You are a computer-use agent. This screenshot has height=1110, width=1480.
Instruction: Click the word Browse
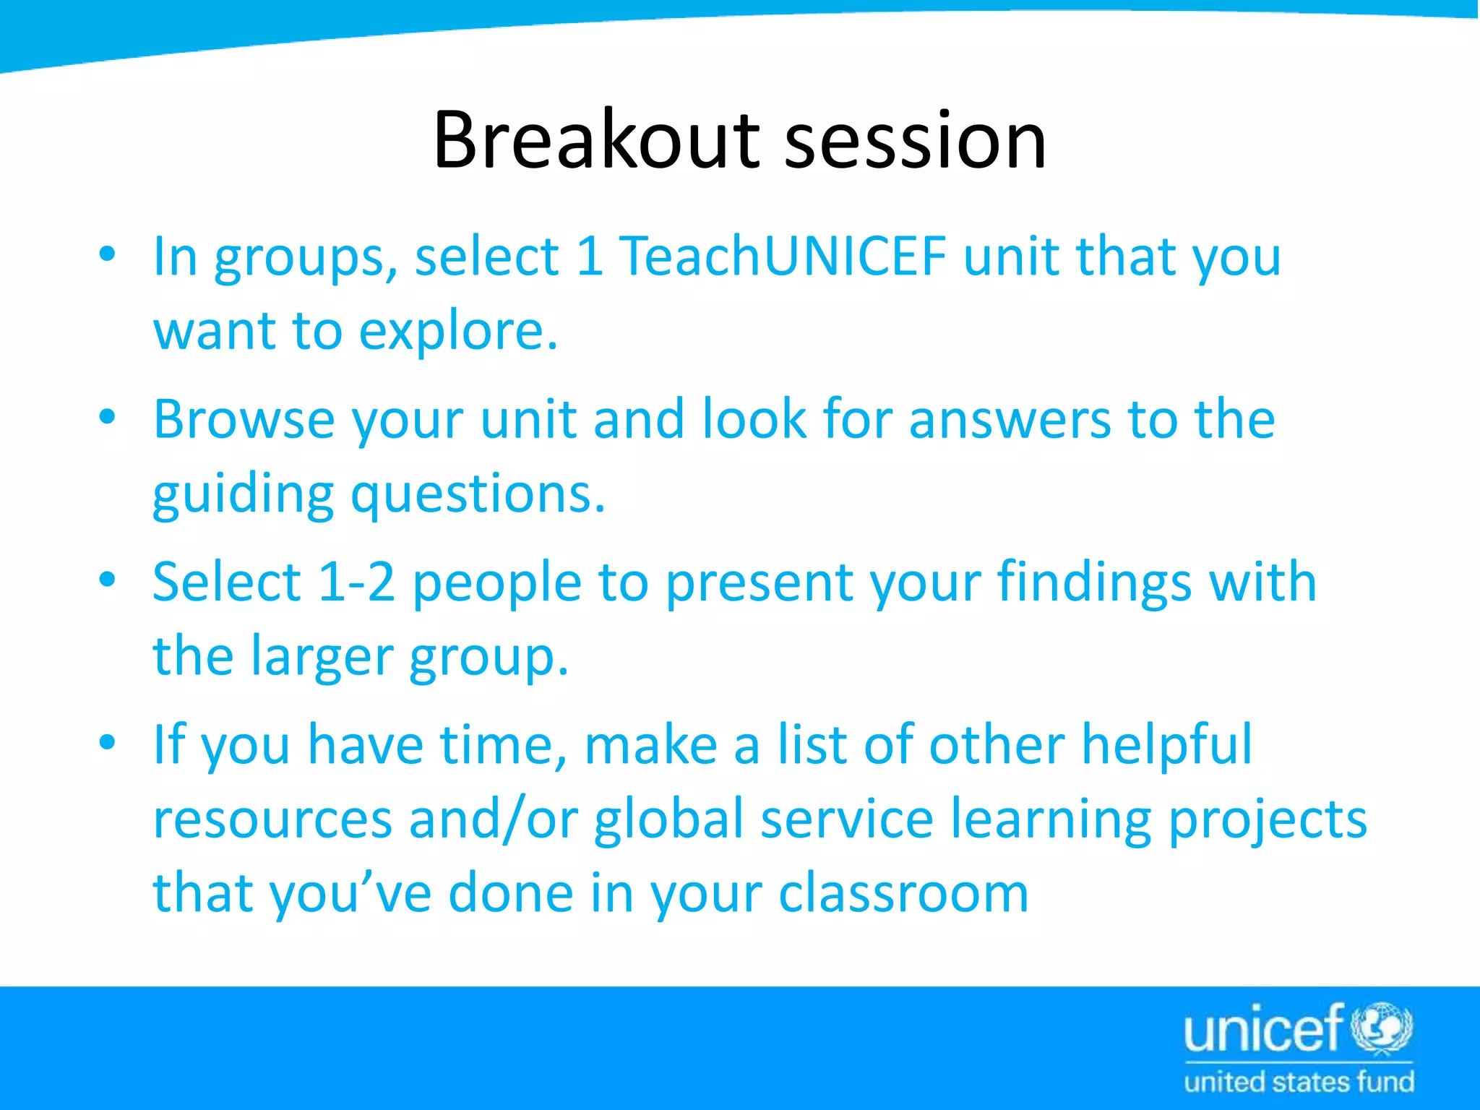click(244, 419)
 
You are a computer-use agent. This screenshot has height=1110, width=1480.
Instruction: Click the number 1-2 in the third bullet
click(356, 582)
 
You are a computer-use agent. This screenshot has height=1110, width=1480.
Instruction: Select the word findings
click(1094, 582)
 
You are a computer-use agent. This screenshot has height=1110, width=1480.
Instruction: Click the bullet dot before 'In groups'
click(108, 255)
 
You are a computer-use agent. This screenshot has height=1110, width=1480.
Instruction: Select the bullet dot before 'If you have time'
click(108, 743)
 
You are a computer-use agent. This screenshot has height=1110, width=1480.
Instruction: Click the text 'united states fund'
click(1299, 1083)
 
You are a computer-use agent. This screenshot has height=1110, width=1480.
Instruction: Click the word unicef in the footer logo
click(1264, 1030)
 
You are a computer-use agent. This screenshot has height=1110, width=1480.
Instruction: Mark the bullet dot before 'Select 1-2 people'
click(108, 580)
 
